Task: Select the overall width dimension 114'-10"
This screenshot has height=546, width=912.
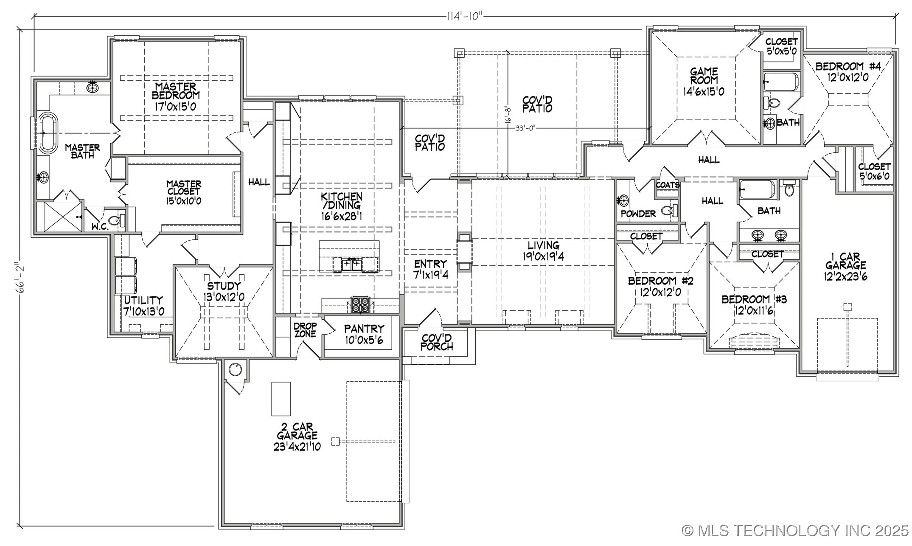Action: click(465, 16)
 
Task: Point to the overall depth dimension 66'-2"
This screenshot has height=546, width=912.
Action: click(20, 277)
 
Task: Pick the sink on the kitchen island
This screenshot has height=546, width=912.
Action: click(352, 265)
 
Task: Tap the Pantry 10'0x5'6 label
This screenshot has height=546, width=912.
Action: click(364, 334)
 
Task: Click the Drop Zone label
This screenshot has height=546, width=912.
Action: click(305, 330)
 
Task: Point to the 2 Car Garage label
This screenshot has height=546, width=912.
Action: click(297, 436)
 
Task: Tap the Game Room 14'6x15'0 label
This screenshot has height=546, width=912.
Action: click(704, 81)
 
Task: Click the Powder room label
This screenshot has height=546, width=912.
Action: click(638, 214)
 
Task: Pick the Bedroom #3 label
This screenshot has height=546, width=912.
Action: click(754, 304)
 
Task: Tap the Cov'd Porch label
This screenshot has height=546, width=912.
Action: click(437, 342)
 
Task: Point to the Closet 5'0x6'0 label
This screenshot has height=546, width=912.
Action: click(874, 171)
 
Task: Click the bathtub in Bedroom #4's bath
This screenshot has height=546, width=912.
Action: click(781, 82)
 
